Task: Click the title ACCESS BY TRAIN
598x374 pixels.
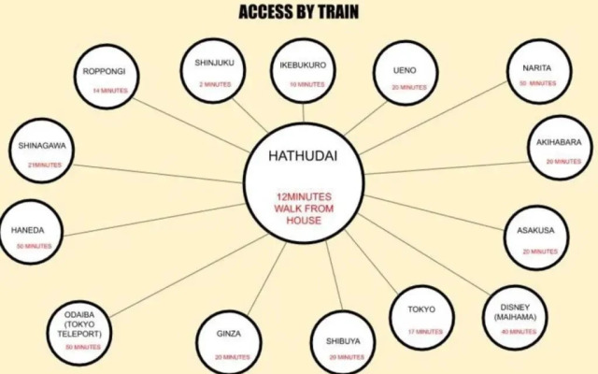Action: click(x=298, y=12)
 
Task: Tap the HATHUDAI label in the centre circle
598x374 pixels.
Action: click(x=298, y=155)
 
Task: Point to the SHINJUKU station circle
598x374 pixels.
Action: click(x=214, y=71)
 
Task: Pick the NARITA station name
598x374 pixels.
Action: click(x=537, y=66)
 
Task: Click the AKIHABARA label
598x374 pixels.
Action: click(x=558, y=142)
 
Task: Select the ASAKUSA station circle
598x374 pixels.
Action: click(x=537, y=237)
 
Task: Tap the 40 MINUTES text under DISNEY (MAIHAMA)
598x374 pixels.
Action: click(x=517, y=331)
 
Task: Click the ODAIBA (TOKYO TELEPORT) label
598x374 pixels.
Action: click(x=82, y=324)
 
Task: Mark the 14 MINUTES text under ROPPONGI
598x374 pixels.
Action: click(x=110, y=91)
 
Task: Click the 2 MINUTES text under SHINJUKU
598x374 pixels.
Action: click(x=214, y=84)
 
